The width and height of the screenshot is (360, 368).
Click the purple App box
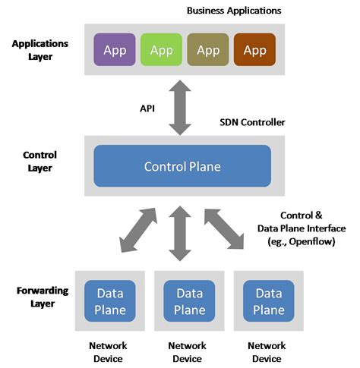pos(115,51)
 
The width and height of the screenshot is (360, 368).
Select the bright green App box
pos(161,51)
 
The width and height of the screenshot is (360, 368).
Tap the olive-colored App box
pos(207,51)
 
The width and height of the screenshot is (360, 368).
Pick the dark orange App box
pos(254,51)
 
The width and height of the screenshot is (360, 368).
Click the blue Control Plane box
pos(182,165)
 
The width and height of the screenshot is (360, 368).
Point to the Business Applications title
pos(234,11)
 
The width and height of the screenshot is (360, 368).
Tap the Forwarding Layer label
pos(41,297)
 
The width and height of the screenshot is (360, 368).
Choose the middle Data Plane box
pos(189,300)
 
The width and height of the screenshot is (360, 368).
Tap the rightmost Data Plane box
pos(268,300)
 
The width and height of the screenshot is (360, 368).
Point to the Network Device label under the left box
pos(108,351)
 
